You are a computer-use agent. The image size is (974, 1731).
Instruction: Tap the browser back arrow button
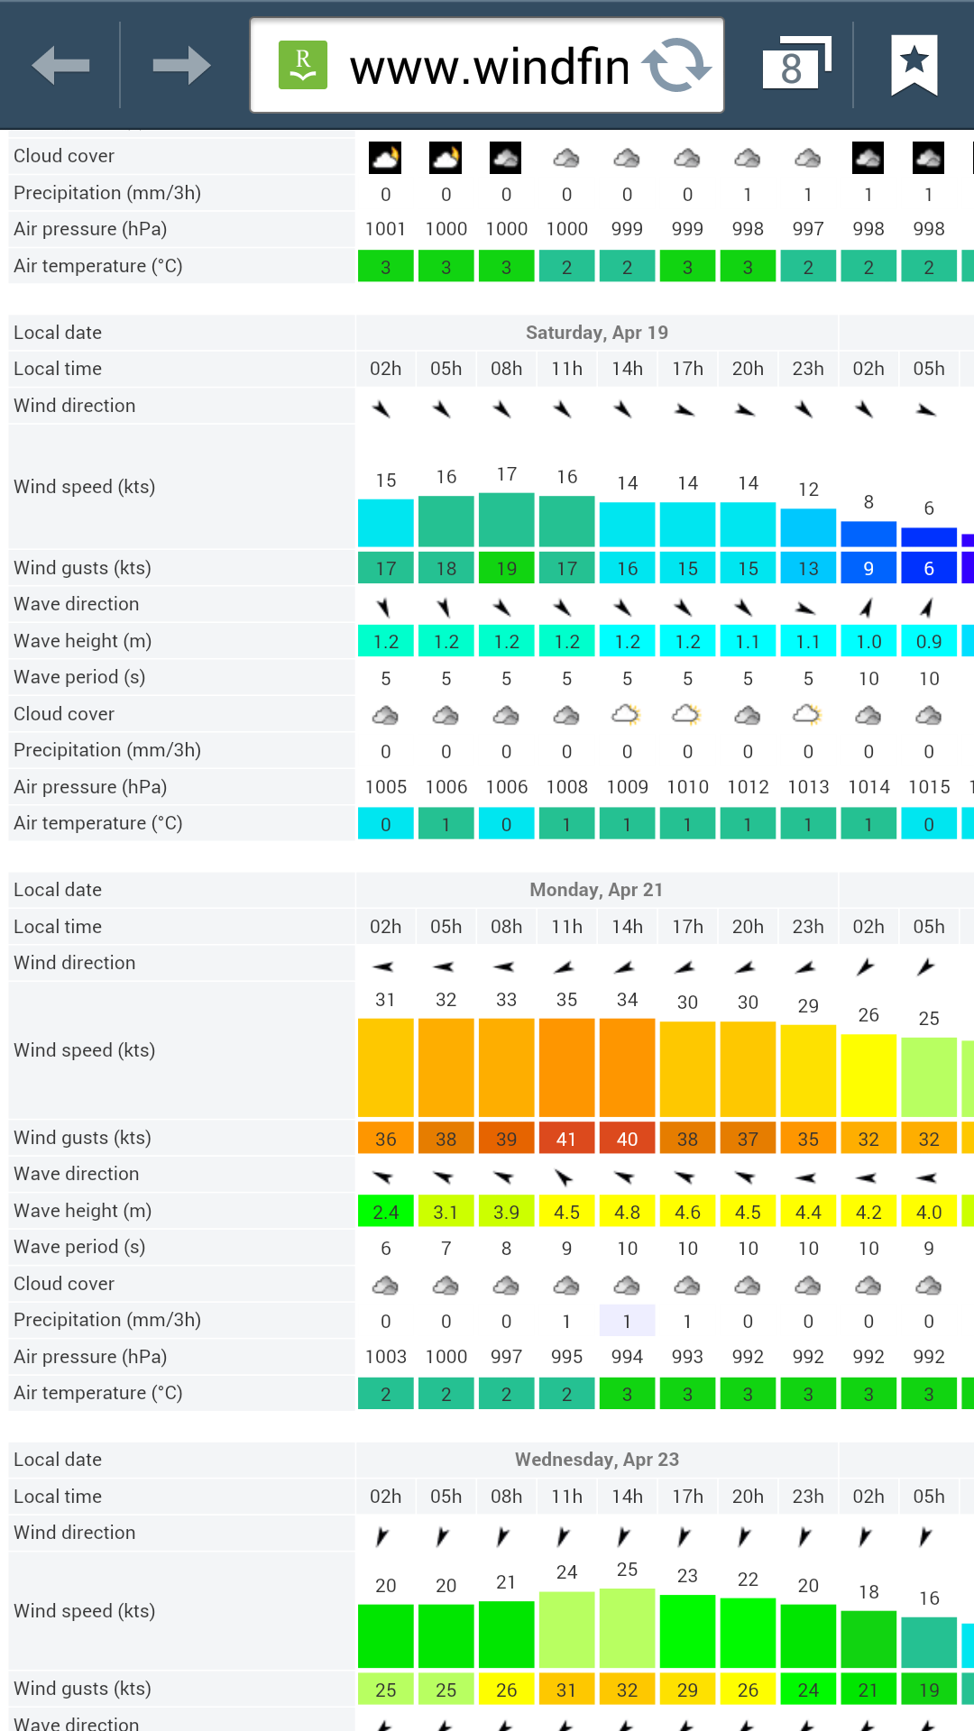pyautogui.click(x=60, y=65)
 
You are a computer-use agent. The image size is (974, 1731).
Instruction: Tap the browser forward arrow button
pyautogui.click(x=181, y=65)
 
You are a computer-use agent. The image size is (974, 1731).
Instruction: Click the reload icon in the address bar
pyautogui.click(x=676, y=65)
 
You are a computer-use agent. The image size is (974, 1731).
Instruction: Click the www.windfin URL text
pyautogui.click(x=489, y=67)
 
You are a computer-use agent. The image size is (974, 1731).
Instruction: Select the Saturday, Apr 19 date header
pyautogui.click(x=597, y=333)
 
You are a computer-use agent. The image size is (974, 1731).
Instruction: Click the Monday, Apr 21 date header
pyautogui.click(x=597, y=890)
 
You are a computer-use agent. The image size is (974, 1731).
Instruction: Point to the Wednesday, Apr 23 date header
pyautogui.click(x=597, y=1460)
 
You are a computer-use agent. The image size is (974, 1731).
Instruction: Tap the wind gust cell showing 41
pyautogui.click(x=566, y=1139)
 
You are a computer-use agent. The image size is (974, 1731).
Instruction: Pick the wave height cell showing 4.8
pyautogui.click(x=627, y=1212)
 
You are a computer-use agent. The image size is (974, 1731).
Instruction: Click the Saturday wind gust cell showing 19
pyautogui.click(x=507, y=568)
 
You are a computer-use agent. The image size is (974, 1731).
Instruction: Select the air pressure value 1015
pyautogui.click(x=929, y=787)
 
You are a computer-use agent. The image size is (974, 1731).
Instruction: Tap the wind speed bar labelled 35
pyautogui.click(x=566, y=1067)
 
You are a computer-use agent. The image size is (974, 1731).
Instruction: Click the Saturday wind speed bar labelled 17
pyautogui.click(x=507, y=519)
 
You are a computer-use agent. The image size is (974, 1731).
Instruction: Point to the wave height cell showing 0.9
pyautogui.click(x=929, y=641)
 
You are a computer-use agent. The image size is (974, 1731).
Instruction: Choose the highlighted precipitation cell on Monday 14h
pyautogui.click(x=627, y=1321)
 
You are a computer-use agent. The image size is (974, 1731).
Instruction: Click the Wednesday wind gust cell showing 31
pyautogui.click(x=566, y=1690)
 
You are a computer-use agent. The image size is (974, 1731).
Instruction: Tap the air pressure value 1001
pyautogui.click(x=385, y=229)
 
